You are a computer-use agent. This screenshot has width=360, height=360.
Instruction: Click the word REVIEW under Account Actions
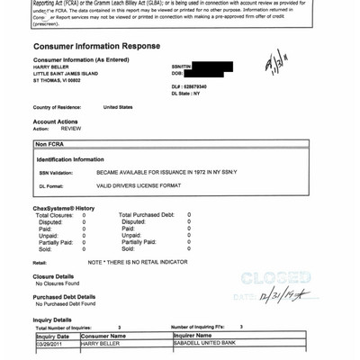click(58, 129)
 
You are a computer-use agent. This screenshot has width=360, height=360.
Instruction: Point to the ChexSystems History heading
click(64, 208)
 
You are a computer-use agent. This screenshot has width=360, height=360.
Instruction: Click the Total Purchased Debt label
click(148, 215)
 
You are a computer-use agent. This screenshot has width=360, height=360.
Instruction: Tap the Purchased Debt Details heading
click(64, 296)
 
